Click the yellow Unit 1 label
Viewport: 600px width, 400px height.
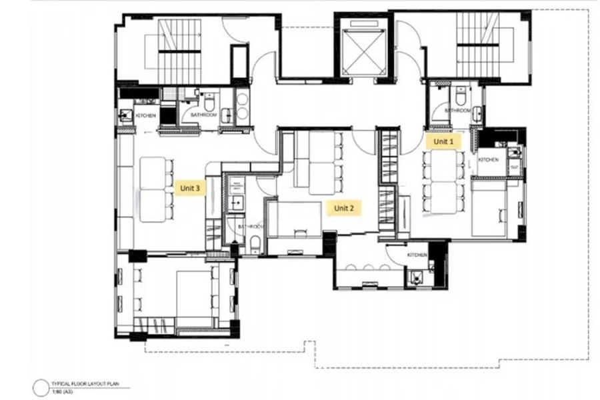point(443,142)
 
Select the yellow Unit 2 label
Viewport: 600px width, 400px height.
point(343,208)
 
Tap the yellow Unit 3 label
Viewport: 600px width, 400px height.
point(190,189)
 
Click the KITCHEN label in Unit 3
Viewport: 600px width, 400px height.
point(146,116)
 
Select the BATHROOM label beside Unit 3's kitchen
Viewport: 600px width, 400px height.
point(203,115)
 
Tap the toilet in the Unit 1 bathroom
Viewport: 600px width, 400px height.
point(459,97)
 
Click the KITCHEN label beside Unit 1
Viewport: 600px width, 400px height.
point(488,160)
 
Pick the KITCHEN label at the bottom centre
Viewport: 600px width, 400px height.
point(417,255)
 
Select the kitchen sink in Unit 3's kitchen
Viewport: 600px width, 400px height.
point(124,115)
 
